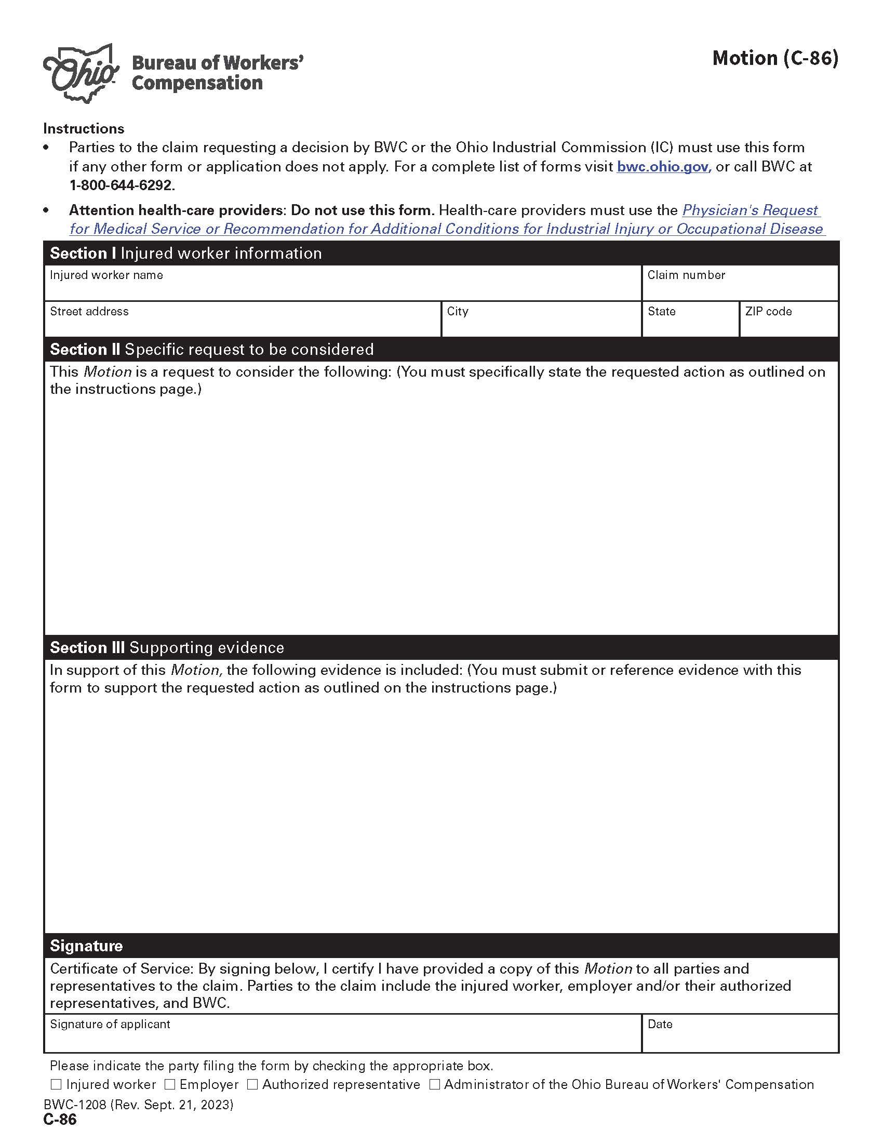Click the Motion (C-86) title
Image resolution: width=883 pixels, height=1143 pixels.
pyautogui.click(x=775, y=58)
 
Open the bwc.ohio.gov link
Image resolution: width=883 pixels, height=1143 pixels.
pyautogui.click(x=663, y=167)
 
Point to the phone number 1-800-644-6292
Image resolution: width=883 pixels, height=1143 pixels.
pyautogui.click(x=122, y=185)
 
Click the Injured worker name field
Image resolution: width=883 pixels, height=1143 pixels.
pyautogui.click(x=343, y=288)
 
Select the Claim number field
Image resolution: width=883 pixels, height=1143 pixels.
pyautogui.click(x=740, y=288)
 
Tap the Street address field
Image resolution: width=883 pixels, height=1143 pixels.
pyautogui.click(x=243, y=324)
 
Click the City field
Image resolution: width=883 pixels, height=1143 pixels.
pyautogui.click(x=541, y=324)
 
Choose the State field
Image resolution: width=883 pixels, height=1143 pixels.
pyautogui.click(x=690, y=324)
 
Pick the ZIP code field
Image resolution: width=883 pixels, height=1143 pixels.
pyautogui.click(x=788, y=324)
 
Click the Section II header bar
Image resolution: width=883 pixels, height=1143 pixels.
pyautogui.click(x=441, y=349)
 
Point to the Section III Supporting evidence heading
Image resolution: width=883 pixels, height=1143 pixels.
pyautogui.click(x=167, y=647)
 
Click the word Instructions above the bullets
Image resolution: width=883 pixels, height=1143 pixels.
pyautogui.click(x=84, y=129)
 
